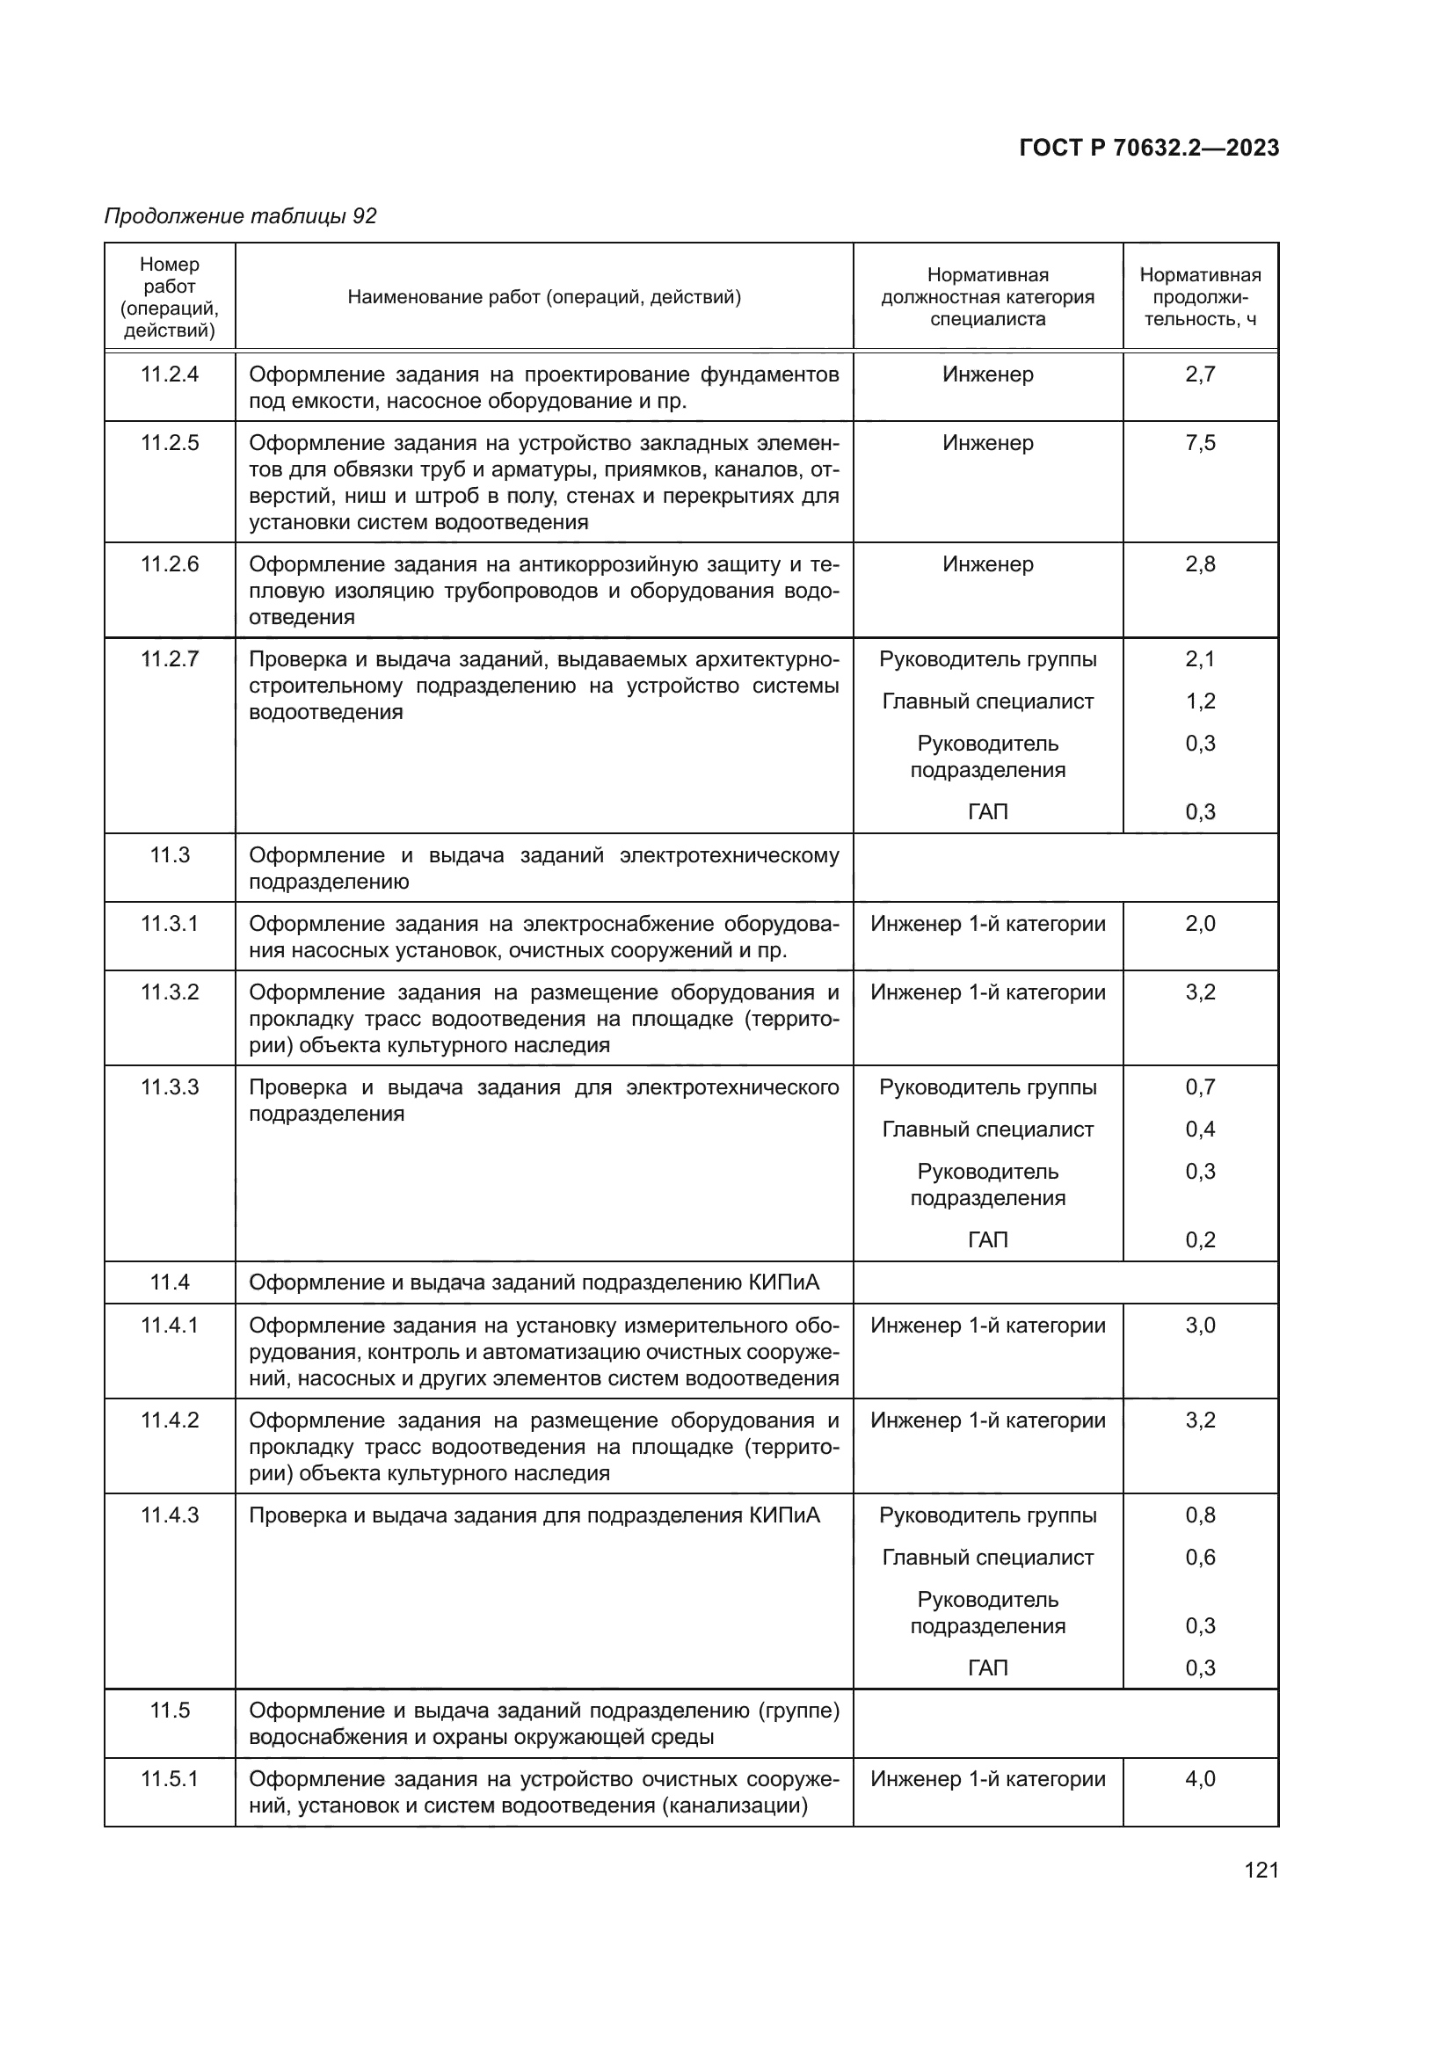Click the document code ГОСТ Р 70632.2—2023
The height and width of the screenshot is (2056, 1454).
[1149, 148]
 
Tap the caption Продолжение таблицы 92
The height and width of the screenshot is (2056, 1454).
[240, 216]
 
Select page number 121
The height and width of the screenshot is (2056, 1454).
[1261, 1870]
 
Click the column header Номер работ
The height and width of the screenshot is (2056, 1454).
[169, 296]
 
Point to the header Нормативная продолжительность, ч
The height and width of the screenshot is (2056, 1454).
[1200, 296]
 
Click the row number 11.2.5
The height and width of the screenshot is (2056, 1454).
[169, 443]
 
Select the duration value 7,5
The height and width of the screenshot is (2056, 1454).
[1200, 443]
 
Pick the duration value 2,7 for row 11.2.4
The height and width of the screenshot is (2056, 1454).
[1200, 374]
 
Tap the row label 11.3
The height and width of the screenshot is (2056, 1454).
[169, 855]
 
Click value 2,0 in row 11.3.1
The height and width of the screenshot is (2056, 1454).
[1200, 924]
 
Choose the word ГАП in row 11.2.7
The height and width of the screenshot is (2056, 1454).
[987, 812]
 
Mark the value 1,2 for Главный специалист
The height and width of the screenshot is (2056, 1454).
[1200, 701]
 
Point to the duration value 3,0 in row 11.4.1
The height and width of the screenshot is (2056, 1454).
[1200, 1326]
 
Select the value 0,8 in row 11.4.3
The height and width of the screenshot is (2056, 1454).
[1200, 1515]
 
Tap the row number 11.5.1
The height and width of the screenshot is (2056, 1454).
[169, 1779]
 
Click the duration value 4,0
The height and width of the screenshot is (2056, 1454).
[1200, 1779]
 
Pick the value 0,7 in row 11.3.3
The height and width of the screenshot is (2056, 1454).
[1200, 1087]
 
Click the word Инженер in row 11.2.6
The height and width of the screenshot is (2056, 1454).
[987, 564]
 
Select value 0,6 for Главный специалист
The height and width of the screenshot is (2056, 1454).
[1200, 1558]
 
